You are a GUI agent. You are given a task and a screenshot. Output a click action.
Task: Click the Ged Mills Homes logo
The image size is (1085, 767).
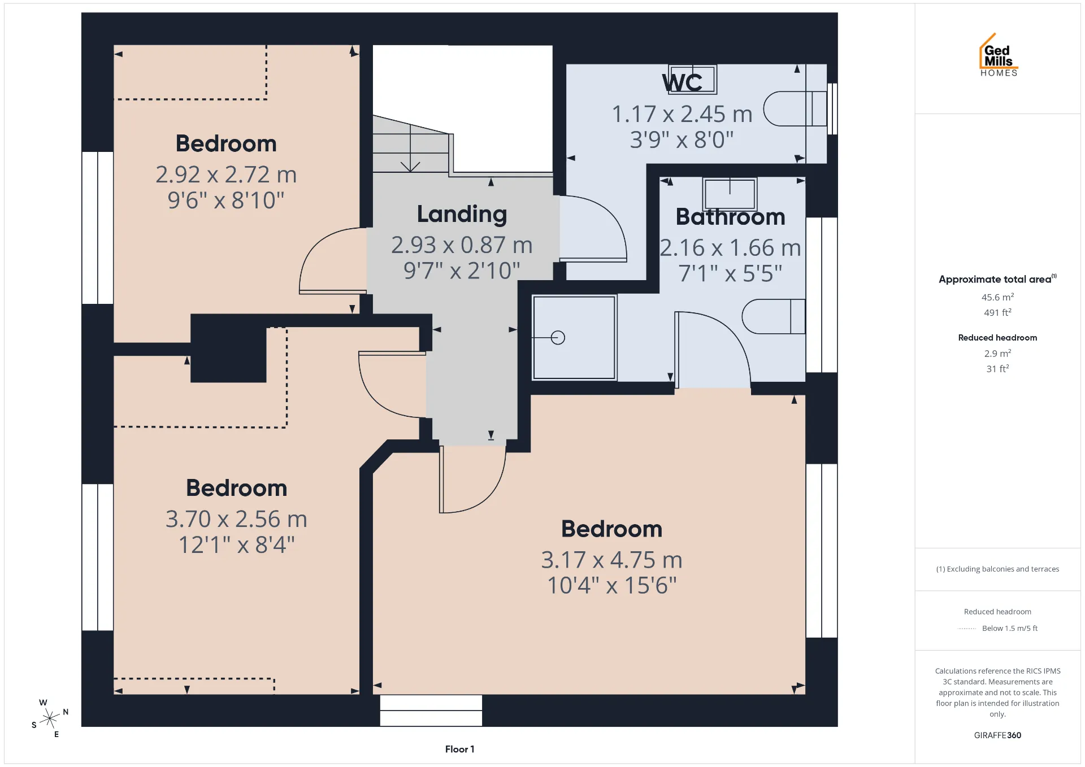click(x=999, y=55)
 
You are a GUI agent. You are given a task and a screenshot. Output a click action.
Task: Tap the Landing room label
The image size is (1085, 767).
click(x=462, y=215)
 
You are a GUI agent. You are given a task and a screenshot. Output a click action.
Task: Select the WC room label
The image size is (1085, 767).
click(x=682, y=83)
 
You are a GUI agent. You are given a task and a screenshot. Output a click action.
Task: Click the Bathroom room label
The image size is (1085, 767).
click(x=730, y=217)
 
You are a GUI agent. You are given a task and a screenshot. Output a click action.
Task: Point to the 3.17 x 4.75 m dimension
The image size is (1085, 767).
click(x=611, y=560)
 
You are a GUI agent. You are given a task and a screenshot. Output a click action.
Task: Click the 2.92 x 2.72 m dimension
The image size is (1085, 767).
click(x=226, y=175)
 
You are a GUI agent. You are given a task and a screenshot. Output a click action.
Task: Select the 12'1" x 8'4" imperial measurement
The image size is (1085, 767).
click(x=237, y=545)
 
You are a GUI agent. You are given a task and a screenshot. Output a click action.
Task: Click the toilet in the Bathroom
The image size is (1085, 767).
click(x=773, y=316)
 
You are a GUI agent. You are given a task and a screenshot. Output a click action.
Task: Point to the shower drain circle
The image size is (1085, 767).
click(x=558, y=338)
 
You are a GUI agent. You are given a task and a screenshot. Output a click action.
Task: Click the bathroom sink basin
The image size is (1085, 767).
click(x=730, y=194)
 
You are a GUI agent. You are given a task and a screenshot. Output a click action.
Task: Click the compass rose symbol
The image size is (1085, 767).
click(x=50, y=718)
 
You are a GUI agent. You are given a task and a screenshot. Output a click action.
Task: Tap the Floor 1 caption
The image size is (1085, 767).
click(x=459, y=749)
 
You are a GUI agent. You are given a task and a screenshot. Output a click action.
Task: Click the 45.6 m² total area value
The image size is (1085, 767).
click(x=997, y=297)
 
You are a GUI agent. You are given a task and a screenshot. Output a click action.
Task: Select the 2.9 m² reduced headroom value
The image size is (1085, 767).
click(x=997, y=354)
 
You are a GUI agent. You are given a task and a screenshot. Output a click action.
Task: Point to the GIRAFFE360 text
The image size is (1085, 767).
click(x=997, y=735)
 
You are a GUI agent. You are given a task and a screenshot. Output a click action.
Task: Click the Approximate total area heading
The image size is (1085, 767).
click(x=997, y=279)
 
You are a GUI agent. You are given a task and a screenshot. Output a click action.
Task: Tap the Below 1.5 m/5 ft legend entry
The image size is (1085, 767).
click(x=1010, y=628)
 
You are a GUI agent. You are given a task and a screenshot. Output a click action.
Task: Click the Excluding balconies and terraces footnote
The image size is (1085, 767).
click(x=997, y=569)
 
